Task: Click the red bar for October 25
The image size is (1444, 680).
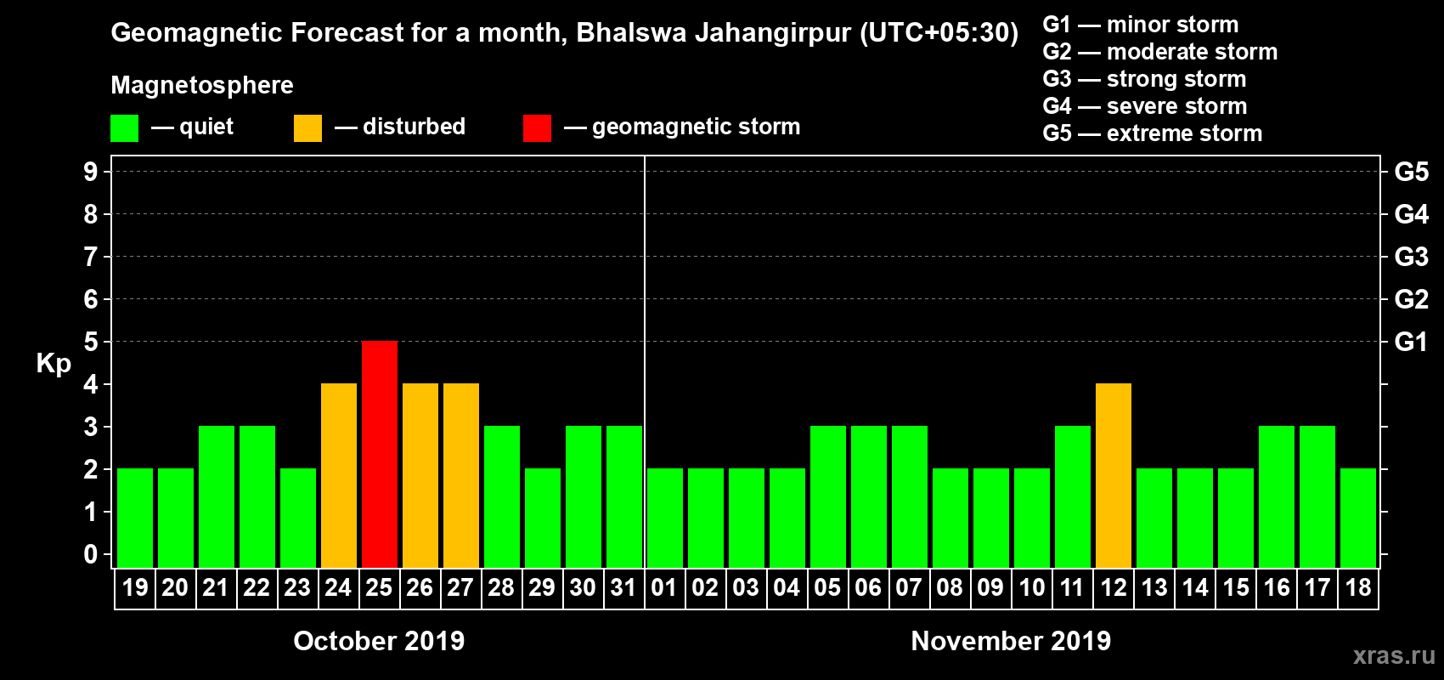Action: click(380, 454)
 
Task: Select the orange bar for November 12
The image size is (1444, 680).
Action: click(1114, 475)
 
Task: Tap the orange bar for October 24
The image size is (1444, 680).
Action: click(339, 475)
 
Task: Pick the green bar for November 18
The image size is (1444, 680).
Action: click(1358, 518)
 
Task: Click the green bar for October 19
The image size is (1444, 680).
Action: click(135, 518)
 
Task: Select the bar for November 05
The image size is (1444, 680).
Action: click(828, 496)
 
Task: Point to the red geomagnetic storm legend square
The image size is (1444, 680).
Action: click(537, 128)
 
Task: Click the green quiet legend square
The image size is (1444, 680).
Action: click(125, 128)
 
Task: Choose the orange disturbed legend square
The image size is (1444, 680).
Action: click(307, 128)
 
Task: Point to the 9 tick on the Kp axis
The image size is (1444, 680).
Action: click(91, 172)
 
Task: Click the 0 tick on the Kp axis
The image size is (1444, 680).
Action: click(91, 555)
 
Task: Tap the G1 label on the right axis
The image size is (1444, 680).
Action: click(1411, 342)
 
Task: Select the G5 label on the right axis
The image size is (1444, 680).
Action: click(1411, 172)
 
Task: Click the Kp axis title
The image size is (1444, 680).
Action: click(54, 364)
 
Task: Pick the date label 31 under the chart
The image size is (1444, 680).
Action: click(623, 588)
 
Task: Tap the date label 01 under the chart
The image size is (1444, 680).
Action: click(664, 588)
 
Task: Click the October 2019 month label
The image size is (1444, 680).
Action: click(379, 641)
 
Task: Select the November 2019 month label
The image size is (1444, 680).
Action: click(1011, 641)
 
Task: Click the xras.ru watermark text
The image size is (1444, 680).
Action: click(1394, 655)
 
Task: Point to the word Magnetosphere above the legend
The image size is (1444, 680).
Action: click(202, 85)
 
